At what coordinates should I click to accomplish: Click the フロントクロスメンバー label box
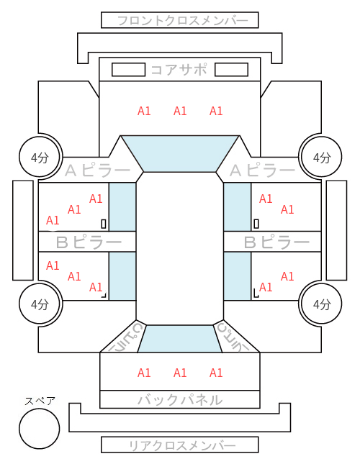[180, 20]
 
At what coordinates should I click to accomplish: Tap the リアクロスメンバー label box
[180, 445]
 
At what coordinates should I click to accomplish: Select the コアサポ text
[179, 70]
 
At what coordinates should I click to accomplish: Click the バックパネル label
[180, 399]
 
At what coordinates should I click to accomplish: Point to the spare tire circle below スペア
[40, 429]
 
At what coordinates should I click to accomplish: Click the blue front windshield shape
[180, 154]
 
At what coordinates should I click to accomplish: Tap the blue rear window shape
[180, 339]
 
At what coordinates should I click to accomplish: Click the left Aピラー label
[98, 170]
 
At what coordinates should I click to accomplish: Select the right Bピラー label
[276, 242]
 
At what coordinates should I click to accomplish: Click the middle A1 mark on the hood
[180, 111]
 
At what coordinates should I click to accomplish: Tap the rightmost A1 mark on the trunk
[216, 373]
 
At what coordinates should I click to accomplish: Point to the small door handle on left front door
[104, 224]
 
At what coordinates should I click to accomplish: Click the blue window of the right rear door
[237, 276]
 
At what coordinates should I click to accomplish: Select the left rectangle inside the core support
[128, 70]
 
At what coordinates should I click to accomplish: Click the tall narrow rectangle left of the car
[23, 230]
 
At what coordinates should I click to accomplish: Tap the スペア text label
[40, 401]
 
